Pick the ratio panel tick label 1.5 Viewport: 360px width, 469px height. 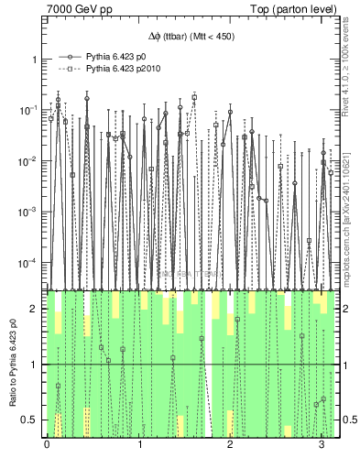pyautogui.click(x=32, y=336)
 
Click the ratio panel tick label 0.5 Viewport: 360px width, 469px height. pyautogui.click(x=32, y=420)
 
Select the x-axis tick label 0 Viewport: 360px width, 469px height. pyautogui.click(x=47, y=444)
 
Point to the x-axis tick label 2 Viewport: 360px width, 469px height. pyautogui.click(x=230, y=444)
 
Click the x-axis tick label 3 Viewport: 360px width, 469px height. pyautogui.click(x=322, y=444)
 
